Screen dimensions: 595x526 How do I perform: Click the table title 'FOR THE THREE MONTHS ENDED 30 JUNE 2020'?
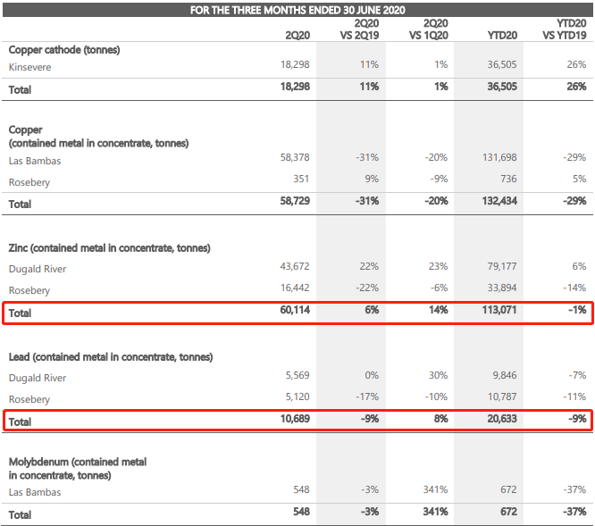[x=297, y=10]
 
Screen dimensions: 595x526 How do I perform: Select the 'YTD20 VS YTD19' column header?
[x=565, y=29]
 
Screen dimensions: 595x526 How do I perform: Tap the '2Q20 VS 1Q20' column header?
[x=429, y=29]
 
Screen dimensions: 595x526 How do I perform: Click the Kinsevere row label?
[x=30, y=67]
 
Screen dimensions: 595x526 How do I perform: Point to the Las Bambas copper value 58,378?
[x=295, y=157]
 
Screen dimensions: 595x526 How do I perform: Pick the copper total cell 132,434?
[x=499, y=201]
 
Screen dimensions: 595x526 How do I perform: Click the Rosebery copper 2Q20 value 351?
[x=301, y=179]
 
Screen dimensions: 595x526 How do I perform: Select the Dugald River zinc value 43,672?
[x=295, y=266]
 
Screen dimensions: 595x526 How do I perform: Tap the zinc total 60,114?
[x=295, y=310]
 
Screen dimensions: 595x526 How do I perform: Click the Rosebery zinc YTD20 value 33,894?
[x=502, y=288]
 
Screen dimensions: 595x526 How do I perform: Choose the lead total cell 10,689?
[x=295, y=419]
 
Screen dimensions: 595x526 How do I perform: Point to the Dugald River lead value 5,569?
[x=297, y=375]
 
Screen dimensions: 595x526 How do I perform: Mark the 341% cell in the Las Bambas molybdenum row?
[x=435, y=489]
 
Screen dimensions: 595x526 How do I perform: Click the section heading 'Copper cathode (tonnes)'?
[x=64, y=50]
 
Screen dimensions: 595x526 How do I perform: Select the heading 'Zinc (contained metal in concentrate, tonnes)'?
[x=109, y=248]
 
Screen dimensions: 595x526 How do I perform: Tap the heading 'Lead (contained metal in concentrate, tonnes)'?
[x=111, y=357]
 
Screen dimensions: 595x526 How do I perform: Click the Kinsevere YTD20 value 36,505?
[x=502, y=64]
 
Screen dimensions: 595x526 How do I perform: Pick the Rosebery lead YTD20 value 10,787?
[x=502, y=397]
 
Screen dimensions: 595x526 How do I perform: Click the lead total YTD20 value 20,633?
[x=502, y=419]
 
